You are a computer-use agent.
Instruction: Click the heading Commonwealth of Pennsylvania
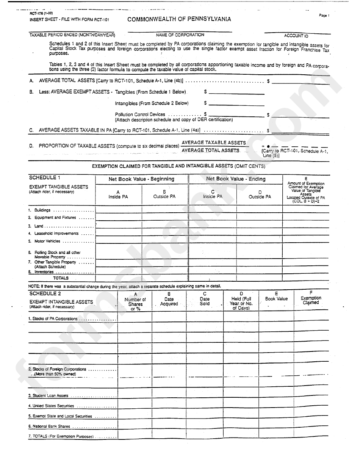coord(179,19)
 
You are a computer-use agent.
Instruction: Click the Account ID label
coord(296,36)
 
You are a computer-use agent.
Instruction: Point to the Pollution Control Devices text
coord(140,114)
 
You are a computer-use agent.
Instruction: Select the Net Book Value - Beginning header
coord(141,179)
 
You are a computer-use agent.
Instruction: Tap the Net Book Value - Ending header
coord(236,179)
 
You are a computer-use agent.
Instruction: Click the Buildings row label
coord(42,210)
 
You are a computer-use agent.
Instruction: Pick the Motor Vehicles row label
coord(47,241)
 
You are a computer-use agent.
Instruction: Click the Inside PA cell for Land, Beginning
coord(118,225)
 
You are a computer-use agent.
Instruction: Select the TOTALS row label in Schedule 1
coord(61,278)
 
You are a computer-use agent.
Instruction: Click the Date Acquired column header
coord(169,301)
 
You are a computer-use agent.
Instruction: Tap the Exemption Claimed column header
coord(311,300)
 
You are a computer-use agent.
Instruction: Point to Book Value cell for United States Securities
coord(276,406)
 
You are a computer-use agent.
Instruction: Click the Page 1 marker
coord(324,16)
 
